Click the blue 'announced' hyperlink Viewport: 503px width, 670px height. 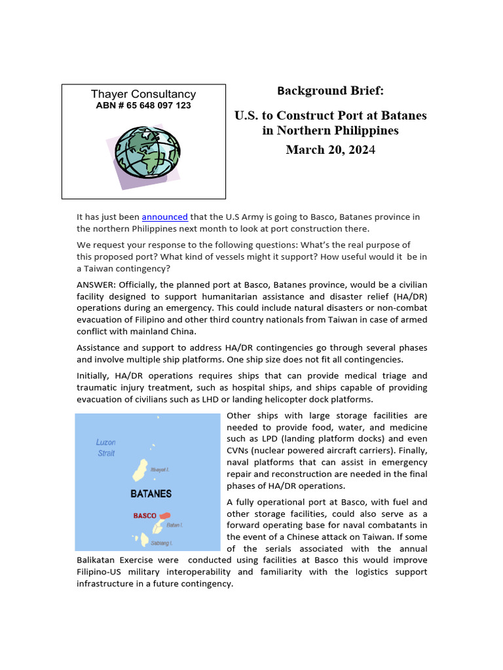[x=164, y=217]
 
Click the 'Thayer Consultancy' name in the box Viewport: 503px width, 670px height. [x=143, y=94]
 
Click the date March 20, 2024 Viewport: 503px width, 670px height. [x=330, y=150]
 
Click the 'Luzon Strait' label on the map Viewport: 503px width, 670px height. [x=106, y=448]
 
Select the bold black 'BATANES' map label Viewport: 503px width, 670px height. [x=151, y=493]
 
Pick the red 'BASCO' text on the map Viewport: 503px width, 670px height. [x=145, y=516]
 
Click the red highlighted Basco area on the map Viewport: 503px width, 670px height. [x=164, y=516]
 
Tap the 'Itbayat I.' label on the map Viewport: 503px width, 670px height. [x=161, y=470]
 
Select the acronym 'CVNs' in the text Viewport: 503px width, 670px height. [x=240, y=451]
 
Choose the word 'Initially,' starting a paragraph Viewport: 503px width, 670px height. [x=97, y=376]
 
